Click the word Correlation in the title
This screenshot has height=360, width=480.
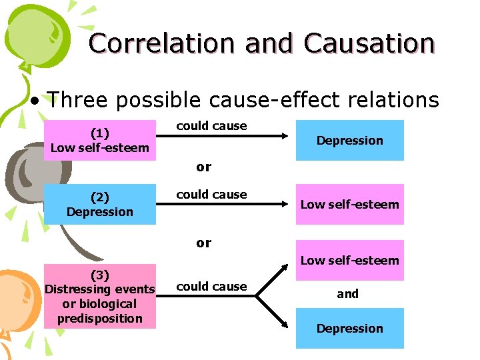tap(163, 43)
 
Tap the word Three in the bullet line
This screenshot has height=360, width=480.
tap(81, 100)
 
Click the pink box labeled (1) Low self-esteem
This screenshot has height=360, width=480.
tap(99, 140)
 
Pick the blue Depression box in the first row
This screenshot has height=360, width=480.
tap(349, 140)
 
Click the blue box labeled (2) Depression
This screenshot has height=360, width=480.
tap(99, 204)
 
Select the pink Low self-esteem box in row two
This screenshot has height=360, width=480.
tap(349, 204)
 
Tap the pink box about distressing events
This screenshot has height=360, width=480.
tap(99, 297)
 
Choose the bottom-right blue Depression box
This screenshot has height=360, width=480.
tap(349, 328)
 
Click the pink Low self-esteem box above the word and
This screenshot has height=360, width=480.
tap(349, 260)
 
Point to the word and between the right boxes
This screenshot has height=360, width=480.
tap(347, 293)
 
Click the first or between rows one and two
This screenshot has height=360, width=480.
tap(203, 167)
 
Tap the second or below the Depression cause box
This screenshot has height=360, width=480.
tap(203, 243)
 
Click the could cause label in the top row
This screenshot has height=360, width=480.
tap(211, 126)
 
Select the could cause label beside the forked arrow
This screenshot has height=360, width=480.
tap(211, 287)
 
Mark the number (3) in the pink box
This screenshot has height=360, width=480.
tap(99, 275)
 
